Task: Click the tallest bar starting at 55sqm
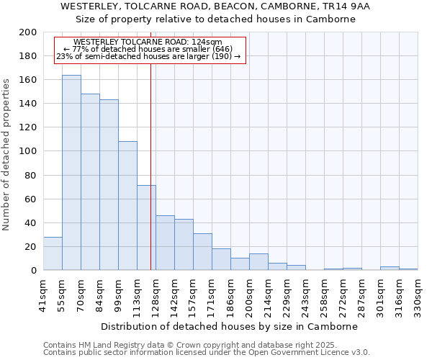[x=71, y=173]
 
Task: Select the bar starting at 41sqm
[x=53, y=253]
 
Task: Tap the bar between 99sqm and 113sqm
[x=127, y=206]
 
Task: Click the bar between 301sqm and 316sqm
[x=390, y=269]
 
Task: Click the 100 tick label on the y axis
[x=28, y=151]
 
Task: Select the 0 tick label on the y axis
[x=33, y=271]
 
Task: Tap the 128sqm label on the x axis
[x=156, y=294]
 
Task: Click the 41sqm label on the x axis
[x=43, y=294]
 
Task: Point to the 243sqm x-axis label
[x=305, y=294]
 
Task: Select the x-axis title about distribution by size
[x=229, y=326]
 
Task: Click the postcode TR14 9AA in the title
[x=350, y=6]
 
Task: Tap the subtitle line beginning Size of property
[x=216, y=19]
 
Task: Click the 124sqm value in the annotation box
[x=207, y=42]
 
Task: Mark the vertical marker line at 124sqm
[x=150, y=180]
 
